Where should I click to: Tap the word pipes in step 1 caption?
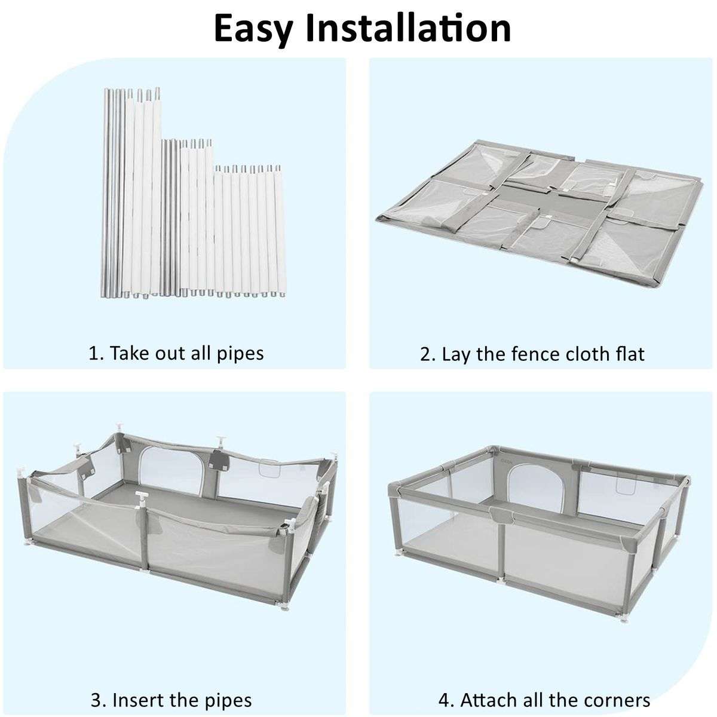[x=240, y=353]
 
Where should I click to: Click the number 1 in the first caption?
[x=93, y=353]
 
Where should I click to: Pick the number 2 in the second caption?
[x=425, y=354]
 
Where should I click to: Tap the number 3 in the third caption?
[x=95, y=699]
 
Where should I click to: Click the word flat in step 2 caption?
[x=629, y=354]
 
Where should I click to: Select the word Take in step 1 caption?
[x=126, y=353]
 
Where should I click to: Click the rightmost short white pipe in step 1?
[x=280, y=230]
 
